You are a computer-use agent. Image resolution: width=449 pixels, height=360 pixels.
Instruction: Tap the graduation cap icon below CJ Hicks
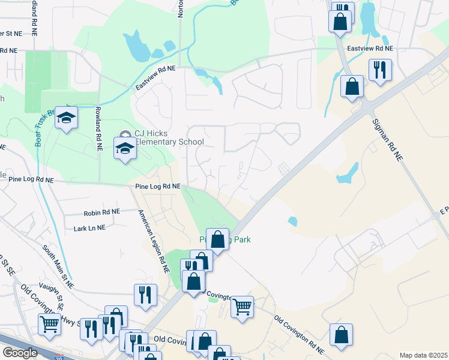click(125, 148)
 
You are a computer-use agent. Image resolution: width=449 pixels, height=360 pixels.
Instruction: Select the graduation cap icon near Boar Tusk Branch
click(66, 118)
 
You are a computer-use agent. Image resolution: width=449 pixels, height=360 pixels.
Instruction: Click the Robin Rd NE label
click(102, 212)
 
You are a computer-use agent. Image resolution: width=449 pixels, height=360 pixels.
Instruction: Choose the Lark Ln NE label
click(89, 228)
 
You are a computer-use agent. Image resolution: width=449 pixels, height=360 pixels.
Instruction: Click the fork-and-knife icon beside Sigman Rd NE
click(380, 70)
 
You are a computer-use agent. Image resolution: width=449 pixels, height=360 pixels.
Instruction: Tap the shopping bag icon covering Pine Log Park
click(218, 239)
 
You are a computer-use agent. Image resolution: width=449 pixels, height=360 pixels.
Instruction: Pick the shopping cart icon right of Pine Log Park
click(242, 307)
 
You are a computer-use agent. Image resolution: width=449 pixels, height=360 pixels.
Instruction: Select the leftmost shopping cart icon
click(49, 323)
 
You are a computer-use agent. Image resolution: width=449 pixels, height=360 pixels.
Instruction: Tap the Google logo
click(20, 353)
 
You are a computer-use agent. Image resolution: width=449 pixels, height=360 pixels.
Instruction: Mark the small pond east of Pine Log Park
click(292, 221)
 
